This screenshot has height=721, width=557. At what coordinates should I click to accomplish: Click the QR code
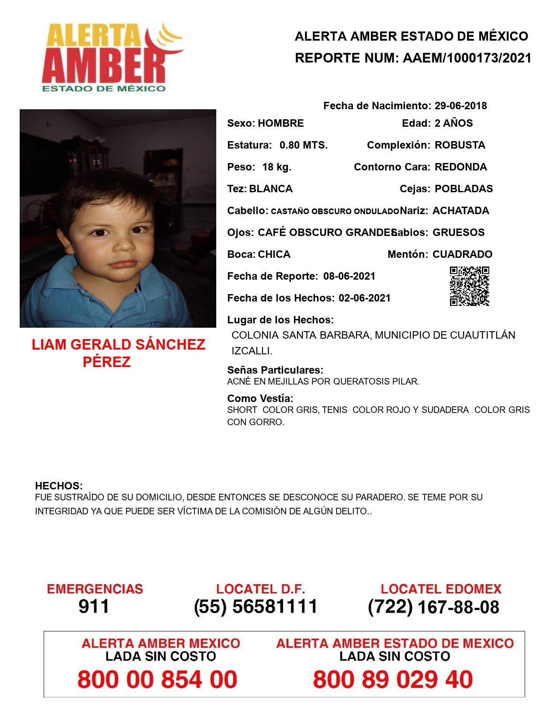click(x=470, y=286)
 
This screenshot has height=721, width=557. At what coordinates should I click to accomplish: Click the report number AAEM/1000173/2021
click(x=467, y=58)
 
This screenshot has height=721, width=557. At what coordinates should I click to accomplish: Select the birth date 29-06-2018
click(x=460, y=106)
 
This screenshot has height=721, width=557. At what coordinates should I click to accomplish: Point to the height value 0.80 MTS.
click(x=304, y=145)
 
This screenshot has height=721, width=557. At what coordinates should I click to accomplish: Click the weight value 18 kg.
click(x=277, y=167)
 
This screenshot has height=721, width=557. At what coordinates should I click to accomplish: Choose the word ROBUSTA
click(x=460, y=145)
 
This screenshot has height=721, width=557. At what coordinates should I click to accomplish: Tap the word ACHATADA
click(x=460, y=211)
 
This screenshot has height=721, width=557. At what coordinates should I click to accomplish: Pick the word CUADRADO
click(x=462, y=254)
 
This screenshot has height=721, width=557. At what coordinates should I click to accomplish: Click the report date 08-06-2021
click(x=349, y=276)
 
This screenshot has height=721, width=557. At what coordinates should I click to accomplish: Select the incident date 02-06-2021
click(x=364, y=298)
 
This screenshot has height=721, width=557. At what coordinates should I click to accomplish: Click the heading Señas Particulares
click(x=275, y=370)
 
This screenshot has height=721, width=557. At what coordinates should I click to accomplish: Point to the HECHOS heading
click(x=59, y=486)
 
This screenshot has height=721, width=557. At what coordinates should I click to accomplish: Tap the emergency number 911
click(x=94, y=607)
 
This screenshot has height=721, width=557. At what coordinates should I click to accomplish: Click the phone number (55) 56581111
click(x=256, y=607)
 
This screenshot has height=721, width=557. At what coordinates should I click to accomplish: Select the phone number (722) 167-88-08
click(x=433, y=607)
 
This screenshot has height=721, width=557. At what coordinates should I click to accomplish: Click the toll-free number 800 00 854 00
click(x=157, y=679)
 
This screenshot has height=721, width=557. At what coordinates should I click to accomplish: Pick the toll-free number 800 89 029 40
click(x=393, y=679)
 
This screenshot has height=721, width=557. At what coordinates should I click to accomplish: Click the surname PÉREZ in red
click(x=107, y=362)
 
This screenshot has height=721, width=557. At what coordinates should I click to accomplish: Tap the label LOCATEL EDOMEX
click(x=441, y=589)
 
